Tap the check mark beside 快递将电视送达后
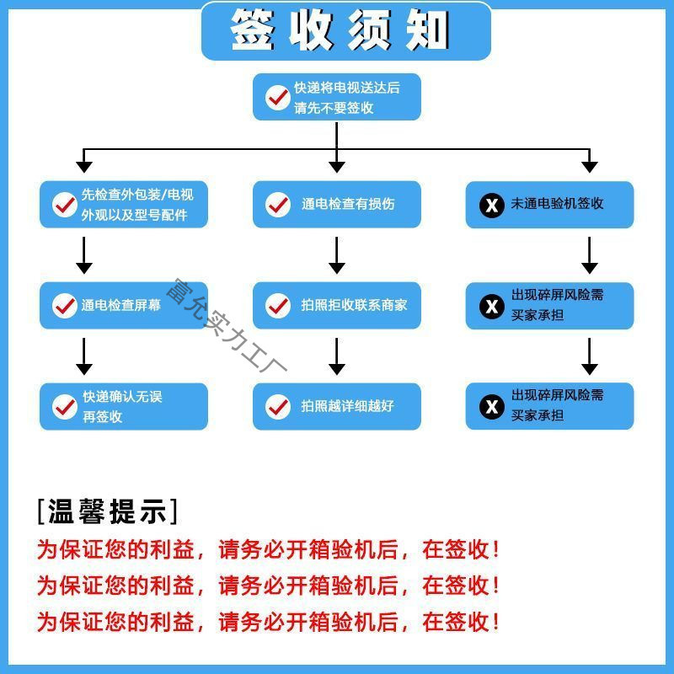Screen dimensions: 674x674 click(x=278, y=97)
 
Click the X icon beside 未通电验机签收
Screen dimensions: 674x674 click(x=491, y=205)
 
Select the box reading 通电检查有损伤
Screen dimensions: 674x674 click(x=336, y=204)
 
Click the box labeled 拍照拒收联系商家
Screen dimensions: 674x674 click(x=336, y=305)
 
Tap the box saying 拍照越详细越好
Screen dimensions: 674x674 click(x=336, y=406)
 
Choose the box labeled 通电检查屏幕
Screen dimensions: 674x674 click(x=123, y=305)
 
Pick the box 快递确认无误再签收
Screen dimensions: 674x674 click(x=123, y=406)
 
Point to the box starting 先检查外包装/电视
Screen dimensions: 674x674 click(x=123, y=204)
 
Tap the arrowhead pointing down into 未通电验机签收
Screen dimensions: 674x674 click(x=590, y=165)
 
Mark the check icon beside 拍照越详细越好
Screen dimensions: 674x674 click(x=278, y=406)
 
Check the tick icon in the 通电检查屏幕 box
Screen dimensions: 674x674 click(x=65, y=305)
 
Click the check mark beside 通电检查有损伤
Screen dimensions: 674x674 click(x=278, y=204)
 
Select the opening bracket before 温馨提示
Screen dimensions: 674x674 click(x=40, y=511)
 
